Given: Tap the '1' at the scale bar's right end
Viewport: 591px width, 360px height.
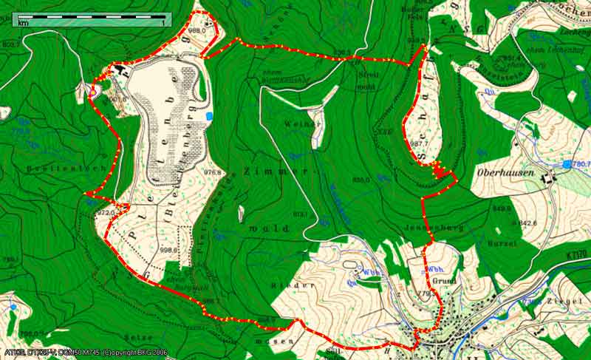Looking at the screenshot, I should coord(163,24).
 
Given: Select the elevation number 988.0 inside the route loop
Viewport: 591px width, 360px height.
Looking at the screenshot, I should coord(197,31).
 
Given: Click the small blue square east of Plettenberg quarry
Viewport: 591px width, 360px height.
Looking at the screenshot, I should coord(210,116).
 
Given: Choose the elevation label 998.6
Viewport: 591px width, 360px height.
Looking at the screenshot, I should coord(169,250).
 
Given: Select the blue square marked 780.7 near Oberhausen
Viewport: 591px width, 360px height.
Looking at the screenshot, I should coord(567,163).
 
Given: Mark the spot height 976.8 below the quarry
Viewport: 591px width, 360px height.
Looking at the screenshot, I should coord(213,172).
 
